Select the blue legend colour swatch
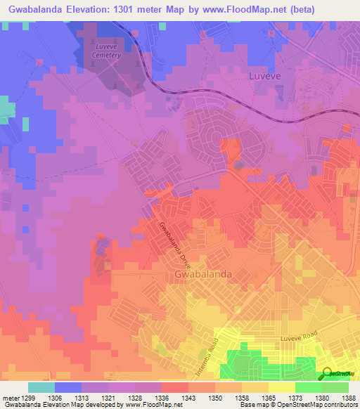(x=68, y=387)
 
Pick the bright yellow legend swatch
(x=282, y=387)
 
